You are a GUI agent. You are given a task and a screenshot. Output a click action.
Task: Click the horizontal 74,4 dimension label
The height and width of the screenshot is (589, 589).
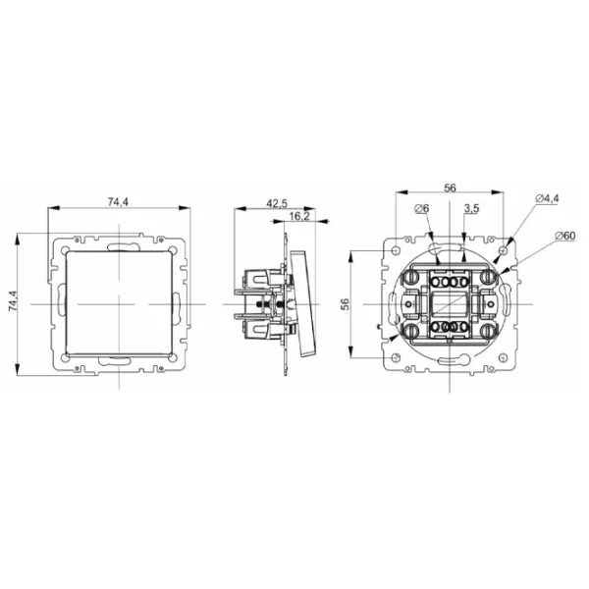coord(119,202)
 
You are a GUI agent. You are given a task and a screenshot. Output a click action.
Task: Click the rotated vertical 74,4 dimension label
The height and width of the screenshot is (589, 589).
coord(13,300)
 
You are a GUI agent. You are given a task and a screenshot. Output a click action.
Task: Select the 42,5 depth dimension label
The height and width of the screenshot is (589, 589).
coord(277,203)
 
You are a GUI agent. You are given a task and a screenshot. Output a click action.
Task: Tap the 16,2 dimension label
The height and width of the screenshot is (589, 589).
coord(299,216)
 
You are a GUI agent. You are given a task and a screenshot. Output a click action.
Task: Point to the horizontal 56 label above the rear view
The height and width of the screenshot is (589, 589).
coord(450,187)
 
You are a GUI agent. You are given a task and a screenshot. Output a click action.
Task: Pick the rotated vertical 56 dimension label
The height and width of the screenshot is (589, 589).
coord(345,304)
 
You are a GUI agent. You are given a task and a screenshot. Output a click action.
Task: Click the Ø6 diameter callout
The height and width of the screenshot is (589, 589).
coord(422,208)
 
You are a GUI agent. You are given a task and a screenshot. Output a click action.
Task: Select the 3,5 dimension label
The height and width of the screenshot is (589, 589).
coord(471,208)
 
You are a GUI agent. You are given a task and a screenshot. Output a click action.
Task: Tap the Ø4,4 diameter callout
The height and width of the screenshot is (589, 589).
coord(548,198)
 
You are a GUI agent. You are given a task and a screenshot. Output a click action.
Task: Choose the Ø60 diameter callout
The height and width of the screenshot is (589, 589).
coord(564,236)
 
